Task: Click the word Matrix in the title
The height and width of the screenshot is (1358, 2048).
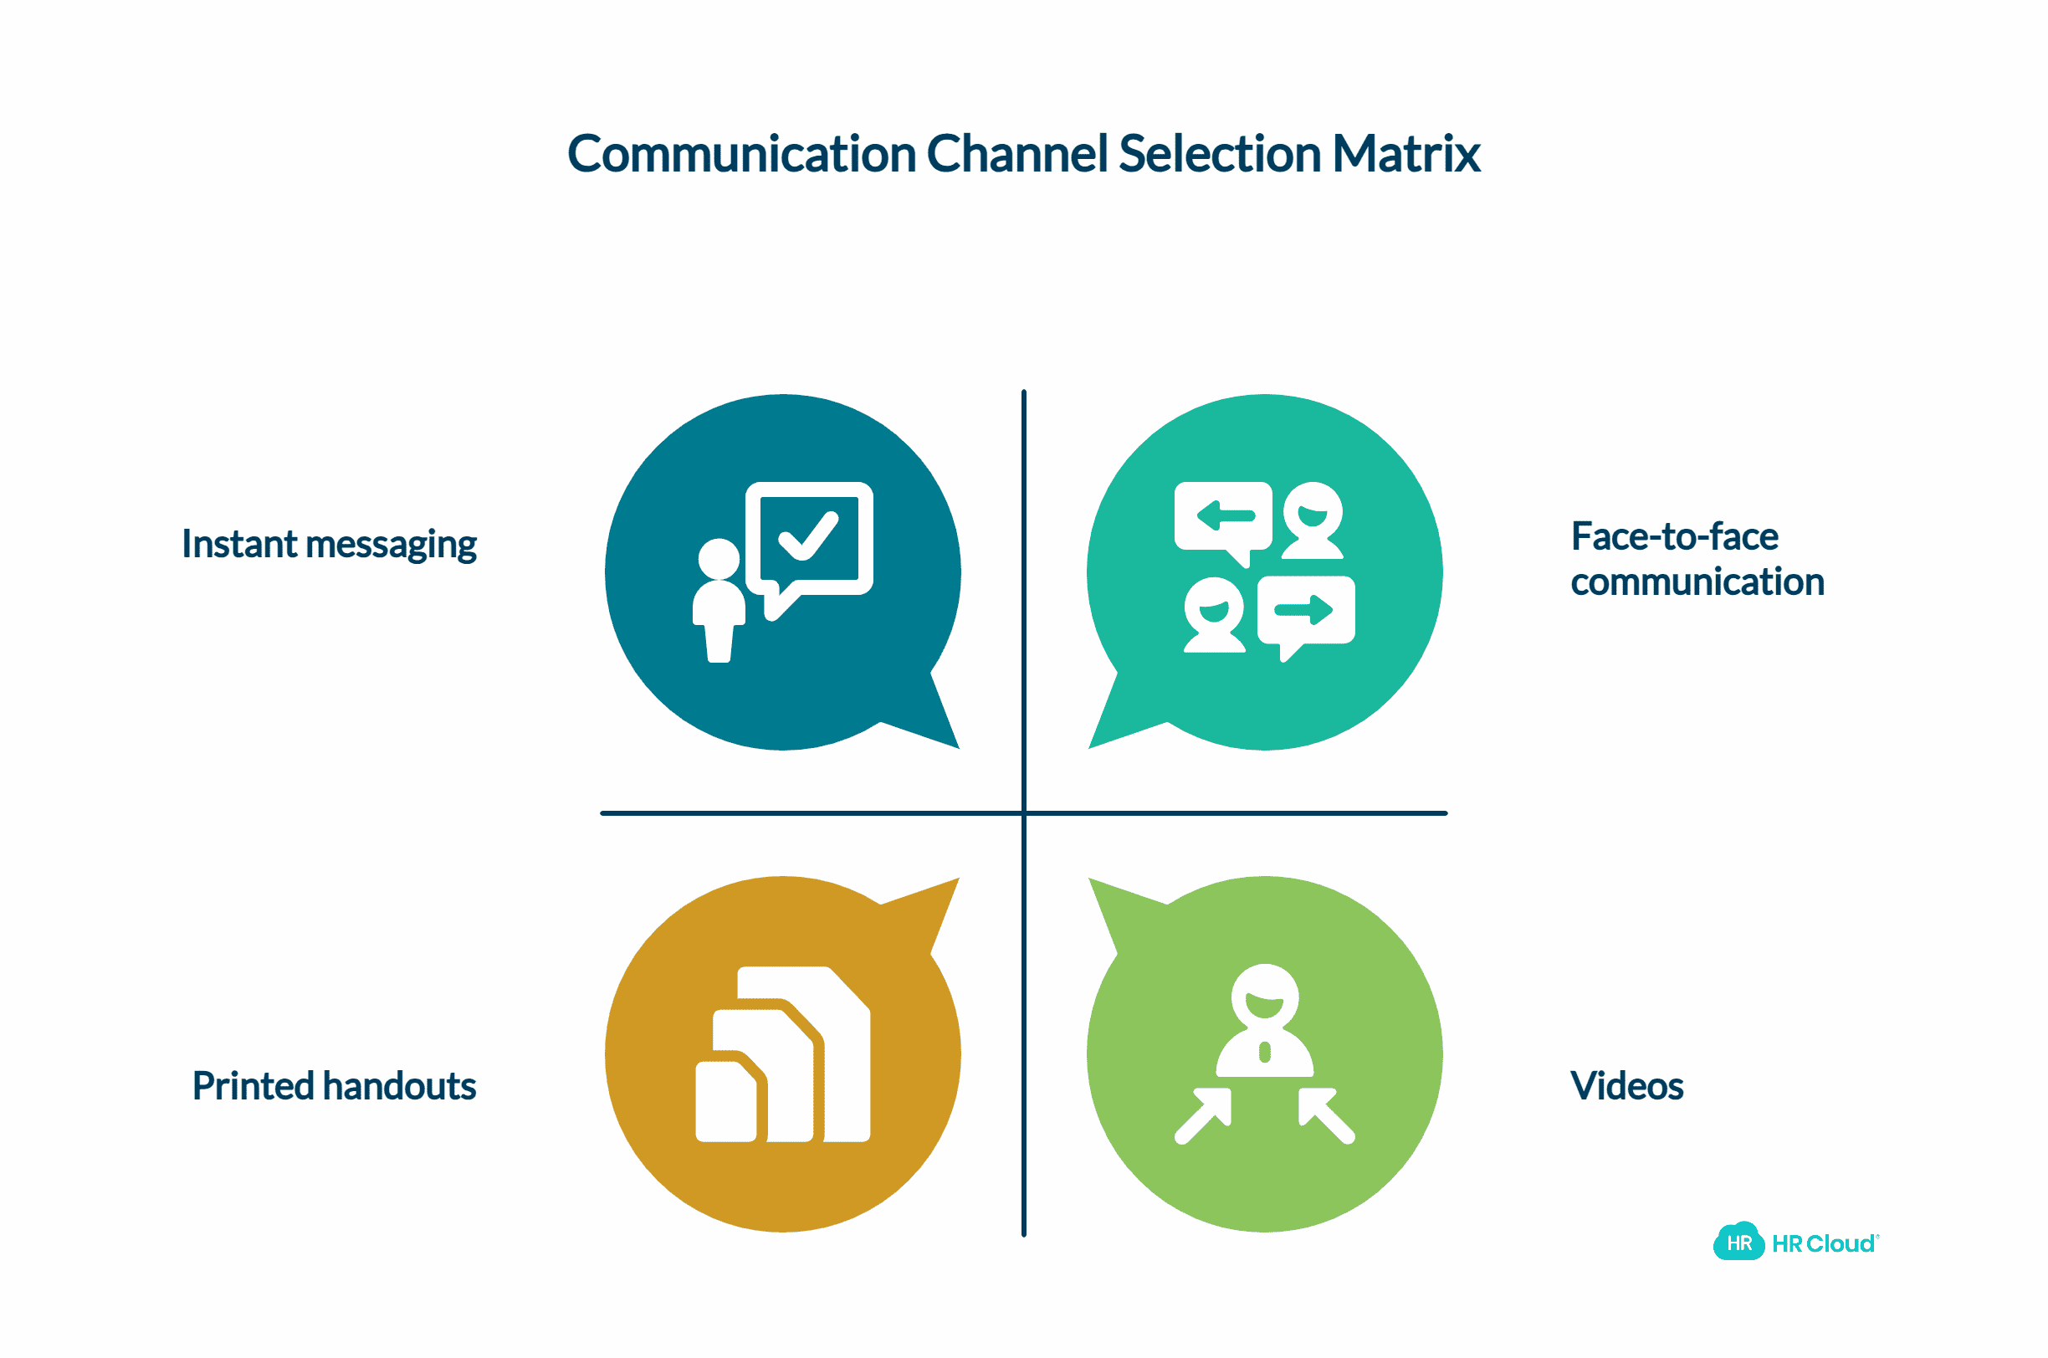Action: [x=1405, y=154]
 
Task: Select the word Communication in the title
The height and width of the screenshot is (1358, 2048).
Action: [x=741, y=154]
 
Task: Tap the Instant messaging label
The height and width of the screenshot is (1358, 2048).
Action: [x=329, y=544]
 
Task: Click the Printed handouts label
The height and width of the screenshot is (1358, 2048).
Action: [x=334, y=1086]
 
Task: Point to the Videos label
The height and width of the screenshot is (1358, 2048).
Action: [x=1626, y=1086]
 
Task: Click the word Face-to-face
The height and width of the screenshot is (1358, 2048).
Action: [x=1674, y=537]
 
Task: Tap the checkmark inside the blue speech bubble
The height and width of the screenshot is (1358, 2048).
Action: [x=808, y=536]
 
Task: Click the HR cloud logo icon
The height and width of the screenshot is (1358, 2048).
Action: [x=1738, y=1243]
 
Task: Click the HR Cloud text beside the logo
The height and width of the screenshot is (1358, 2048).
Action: [x=1823, y=1243]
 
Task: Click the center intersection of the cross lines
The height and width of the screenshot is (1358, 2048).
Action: [x=1023, y=813]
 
